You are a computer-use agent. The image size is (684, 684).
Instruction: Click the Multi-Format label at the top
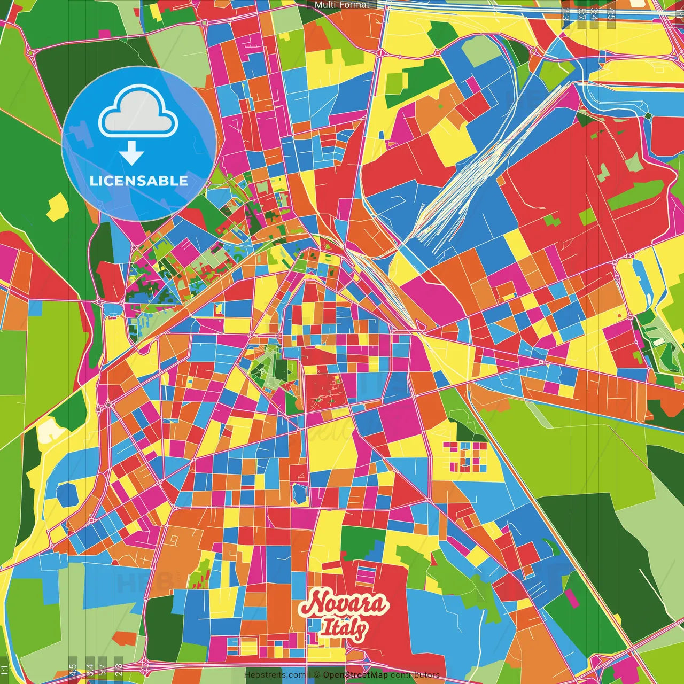(x=342, y=5)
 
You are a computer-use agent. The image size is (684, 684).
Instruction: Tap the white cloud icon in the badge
(x=138, y=114)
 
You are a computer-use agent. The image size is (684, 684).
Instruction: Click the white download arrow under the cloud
(x=131, y=153)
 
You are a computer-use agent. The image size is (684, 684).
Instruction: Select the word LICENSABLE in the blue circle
(x=139, y=181)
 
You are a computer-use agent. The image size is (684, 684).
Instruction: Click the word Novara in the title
(x=342, y=604)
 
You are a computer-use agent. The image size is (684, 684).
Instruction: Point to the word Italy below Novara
(x=343, y=629)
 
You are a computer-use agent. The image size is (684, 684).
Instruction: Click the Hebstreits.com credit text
(x=275, y=675)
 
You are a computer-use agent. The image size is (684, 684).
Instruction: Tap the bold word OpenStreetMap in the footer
(x=355, y=675)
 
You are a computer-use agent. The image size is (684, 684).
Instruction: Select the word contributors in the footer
(x=415, y=675)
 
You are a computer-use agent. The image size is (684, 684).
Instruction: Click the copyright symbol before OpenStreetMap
(x=316, y=675)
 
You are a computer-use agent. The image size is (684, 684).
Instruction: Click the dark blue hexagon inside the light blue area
(x=68, y=494)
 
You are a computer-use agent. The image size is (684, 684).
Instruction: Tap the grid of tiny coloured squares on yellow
(x=465, y=457)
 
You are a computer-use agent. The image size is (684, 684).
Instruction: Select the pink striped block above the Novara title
(x=367, y=576)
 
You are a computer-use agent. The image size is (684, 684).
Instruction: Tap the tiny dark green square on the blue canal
(x=648, y=116)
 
